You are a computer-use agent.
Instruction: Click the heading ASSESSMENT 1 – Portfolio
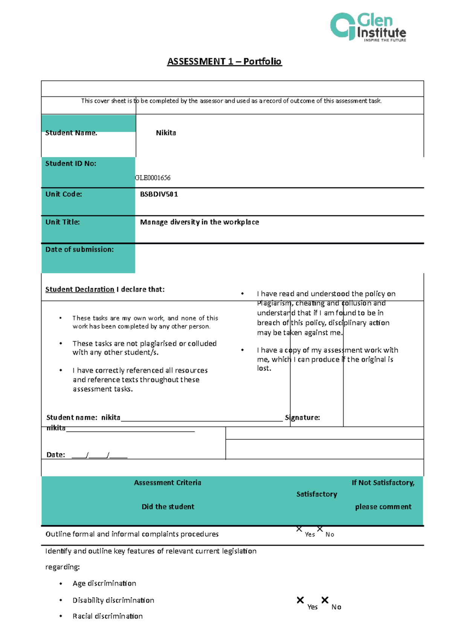(224, 61)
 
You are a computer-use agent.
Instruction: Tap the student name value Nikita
(166, 133)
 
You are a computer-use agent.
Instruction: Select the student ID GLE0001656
(153, 178)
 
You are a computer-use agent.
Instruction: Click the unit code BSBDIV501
(159, 194)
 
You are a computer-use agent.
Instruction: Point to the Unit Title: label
(63, 222)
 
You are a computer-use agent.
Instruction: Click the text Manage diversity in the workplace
(199, 222)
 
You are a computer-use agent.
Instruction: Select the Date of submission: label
(79, 250)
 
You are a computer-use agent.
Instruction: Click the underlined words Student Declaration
(79, 289)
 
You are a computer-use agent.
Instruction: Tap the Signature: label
(302, 418)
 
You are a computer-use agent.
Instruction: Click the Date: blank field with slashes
(99, 455)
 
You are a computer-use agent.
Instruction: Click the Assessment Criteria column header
(167, 483)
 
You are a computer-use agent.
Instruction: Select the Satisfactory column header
(316, 494)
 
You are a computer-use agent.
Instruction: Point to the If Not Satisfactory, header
(383, 483)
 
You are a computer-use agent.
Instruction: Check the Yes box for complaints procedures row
(299, 529)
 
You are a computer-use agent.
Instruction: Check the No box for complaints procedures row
(320, 529)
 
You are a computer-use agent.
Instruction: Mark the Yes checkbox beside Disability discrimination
(300, 600)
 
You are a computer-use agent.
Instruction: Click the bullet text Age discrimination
(104, 583)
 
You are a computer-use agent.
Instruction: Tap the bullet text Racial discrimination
(107, 616)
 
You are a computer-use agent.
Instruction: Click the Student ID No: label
(71, 164)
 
